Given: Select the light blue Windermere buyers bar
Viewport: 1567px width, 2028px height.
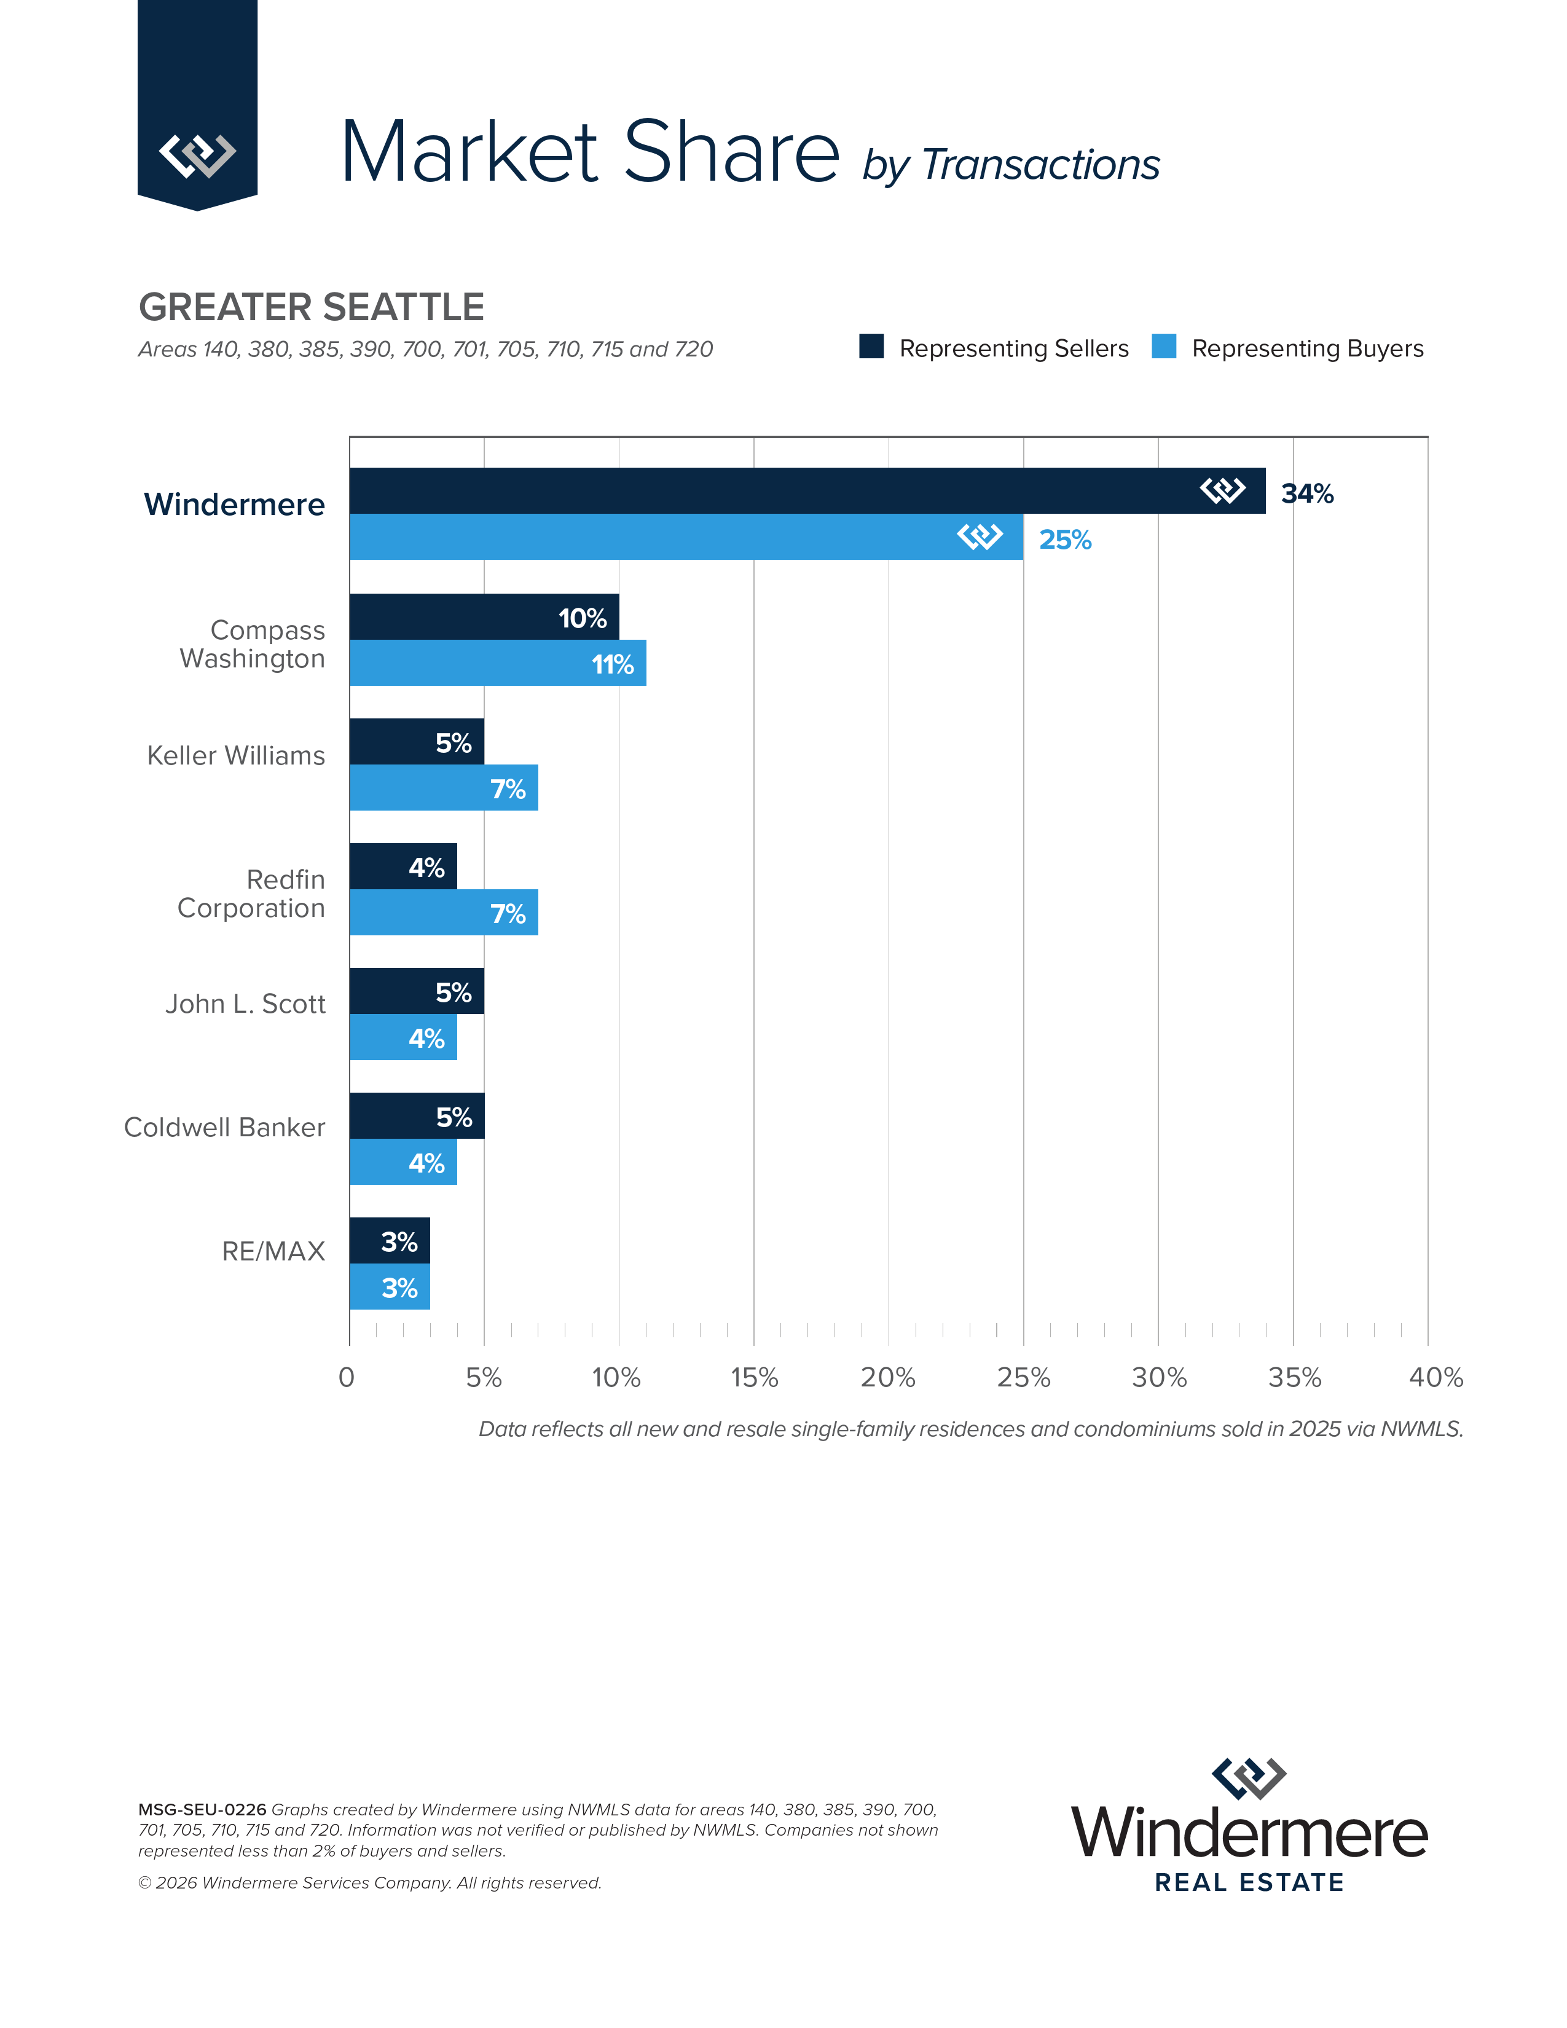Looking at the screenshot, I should pos(650,536).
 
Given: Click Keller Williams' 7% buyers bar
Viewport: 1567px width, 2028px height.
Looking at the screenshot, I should pos(444,787).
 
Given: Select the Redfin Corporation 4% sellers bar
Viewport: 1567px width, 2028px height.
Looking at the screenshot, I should pos(403,867).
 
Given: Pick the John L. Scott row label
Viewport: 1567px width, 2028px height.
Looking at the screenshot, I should pos(245,1004).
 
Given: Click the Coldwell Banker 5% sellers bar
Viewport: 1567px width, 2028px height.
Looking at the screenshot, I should pos(417,1115).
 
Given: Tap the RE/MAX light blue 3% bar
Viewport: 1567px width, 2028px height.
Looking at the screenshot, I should pos(390,1287).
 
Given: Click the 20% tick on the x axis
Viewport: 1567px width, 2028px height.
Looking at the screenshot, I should pos(887,1377).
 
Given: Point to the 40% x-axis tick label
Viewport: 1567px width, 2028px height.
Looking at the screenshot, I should pos(1435,1377).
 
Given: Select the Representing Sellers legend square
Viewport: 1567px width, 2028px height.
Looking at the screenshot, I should pos(871,347).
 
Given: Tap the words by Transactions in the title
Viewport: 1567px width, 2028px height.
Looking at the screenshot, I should pos(1011,165).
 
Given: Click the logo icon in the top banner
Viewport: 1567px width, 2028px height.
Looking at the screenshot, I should pos(197,154).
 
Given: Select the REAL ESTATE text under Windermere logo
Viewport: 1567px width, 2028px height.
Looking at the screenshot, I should pos(1249,1882).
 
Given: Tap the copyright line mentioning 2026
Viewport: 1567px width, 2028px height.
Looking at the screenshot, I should pos(369,1883).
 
